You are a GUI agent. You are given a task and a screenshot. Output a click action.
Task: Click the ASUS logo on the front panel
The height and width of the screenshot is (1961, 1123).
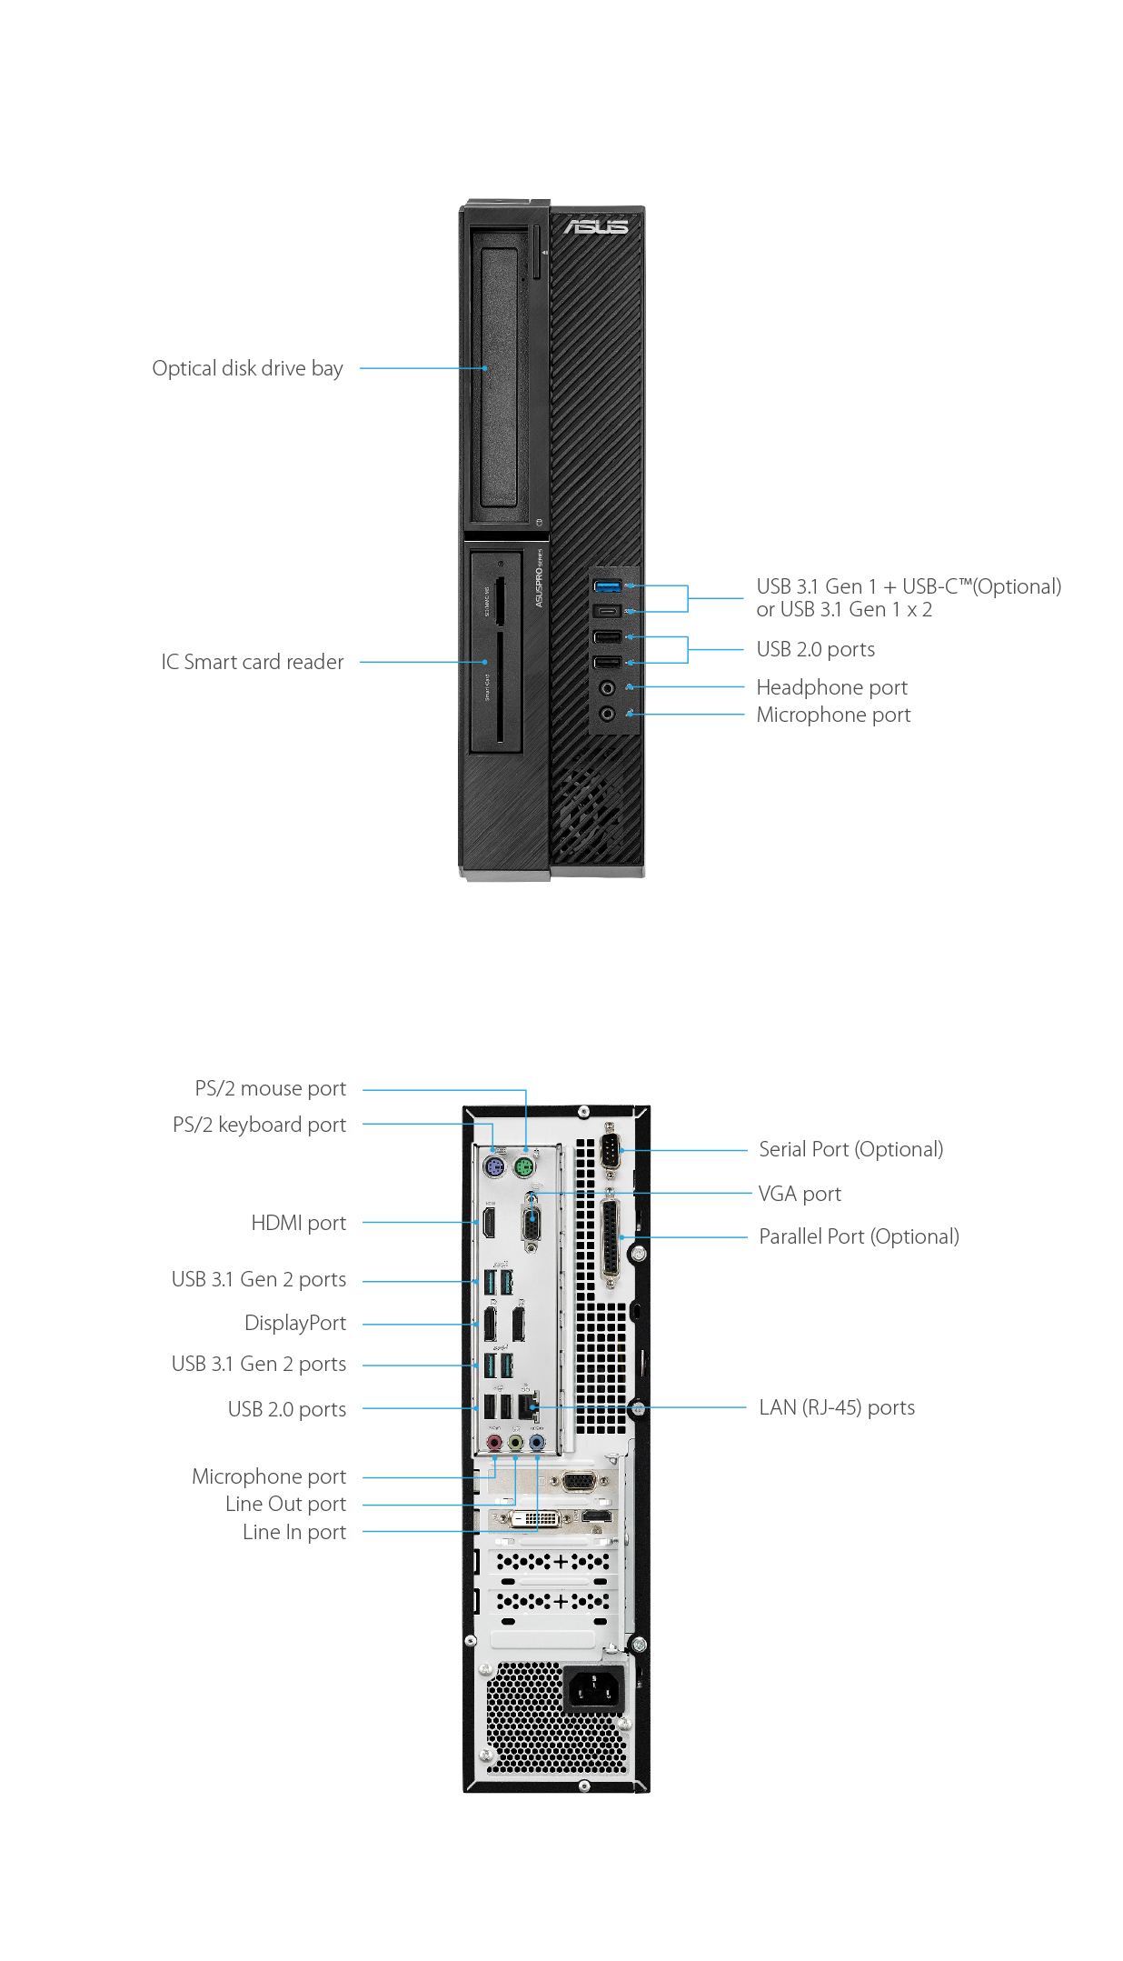tap(595, 226)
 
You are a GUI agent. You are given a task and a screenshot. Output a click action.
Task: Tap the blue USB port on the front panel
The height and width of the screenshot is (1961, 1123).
tap(607, 585)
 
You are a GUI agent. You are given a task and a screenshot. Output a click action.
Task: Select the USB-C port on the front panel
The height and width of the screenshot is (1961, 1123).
tap(607, 611)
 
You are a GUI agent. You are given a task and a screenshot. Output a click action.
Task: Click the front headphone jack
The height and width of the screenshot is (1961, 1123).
tap(607, 688)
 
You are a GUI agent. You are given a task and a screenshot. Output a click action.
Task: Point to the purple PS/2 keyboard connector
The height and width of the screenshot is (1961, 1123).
tap(493, 1167)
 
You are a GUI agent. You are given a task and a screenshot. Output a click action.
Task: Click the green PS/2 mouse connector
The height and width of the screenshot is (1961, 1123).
tap(524, 1166)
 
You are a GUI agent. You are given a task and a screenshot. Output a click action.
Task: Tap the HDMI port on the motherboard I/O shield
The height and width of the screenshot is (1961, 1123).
tap(489, 1224)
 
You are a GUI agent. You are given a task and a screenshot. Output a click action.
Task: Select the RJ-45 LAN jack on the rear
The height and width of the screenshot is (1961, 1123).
tap(528, 1406)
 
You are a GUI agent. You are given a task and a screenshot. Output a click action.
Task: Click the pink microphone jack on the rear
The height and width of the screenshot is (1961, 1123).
tap(494, 1442)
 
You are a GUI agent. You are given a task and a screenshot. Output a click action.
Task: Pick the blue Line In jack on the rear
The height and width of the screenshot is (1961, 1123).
tap(537, 1442)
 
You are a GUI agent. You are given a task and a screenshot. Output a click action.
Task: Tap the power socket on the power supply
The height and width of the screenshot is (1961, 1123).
tap(593, 1690)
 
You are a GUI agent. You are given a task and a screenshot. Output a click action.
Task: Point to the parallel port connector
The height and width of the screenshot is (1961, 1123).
tap(610, 1236)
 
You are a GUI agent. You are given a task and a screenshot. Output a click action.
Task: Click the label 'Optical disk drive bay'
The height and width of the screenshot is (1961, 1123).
tap(247, 368)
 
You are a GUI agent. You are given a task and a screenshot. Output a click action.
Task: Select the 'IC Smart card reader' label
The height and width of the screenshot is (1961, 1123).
tap(253, 662)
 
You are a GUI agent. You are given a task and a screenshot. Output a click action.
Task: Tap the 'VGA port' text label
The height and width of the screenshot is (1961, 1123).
tap(800, 1194)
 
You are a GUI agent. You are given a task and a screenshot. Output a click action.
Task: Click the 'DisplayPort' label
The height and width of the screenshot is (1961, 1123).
tap(295, 1323)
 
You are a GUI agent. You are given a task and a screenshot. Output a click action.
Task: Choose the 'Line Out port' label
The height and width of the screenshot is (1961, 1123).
tap(285, 1504)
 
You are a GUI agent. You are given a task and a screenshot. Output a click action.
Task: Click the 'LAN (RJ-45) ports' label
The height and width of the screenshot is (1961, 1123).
tap(836, 1407)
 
